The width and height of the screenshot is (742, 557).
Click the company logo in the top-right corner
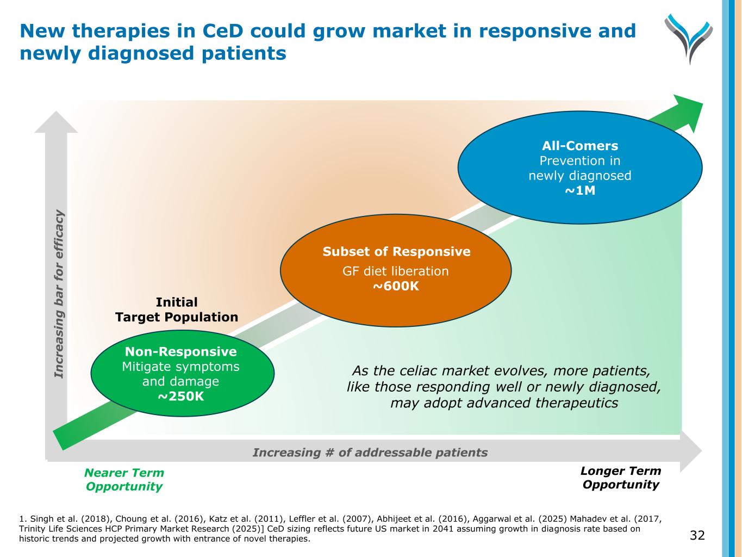688,39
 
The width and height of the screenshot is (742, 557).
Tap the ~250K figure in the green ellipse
181,397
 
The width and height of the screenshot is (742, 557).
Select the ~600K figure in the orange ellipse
396,286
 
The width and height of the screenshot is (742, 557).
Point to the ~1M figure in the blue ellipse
580,191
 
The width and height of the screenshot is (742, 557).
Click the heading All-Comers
580,146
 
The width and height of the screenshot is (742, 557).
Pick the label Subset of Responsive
396,252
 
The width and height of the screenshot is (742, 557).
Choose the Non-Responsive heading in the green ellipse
181,352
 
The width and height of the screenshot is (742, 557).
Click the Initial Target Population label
177,310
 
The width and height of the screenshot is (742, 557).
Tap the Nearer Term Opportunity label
124,480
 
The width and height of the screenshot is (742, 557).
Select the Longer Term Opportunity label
621,478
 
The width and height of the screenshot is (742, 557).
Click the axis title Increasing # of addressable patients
370,453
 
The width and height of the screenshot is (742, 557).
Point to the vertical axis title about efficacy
59,294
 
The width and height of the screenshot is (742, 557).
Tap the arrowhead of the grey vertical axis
56,122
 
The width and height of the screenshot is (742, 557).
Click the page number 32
697,536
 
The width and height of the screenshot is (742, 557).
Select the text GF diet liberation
396,271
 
